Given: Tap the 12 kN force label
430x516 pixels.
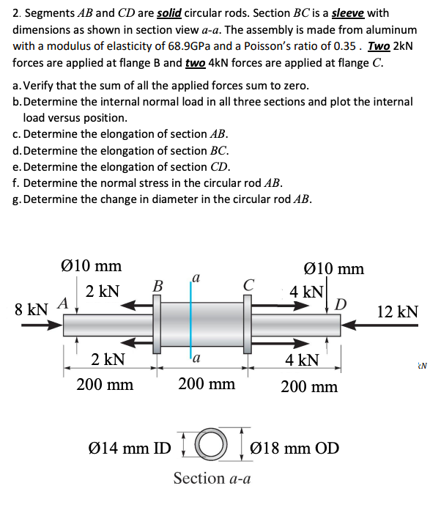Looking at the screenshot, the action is click(x=399, y=312).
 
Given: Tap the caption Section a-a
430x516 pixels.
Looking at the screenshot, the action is click(x=212, y=479).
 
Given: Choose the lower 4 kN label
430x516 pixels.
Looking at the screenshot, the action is click(x=303, y=360).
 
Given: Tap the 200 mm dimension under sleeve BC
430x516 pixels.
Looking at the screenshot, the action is click(x=207, y=383).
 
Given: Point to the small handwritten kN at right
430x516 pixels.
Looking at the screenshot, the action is click(x=423, y=361).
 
